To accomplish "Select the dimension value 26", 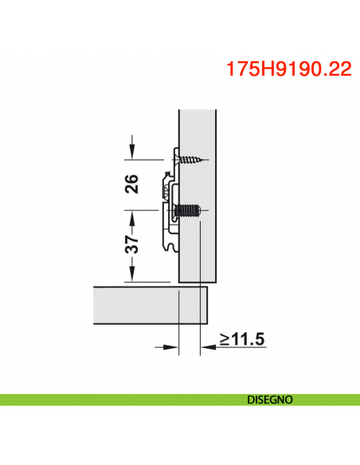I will pyautogui.click(x=132, y=183).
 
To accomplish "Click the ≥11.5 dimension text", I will pyautogui.click(x=241, y=340).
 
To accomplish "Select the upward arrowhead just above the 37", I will pyautogui.click(x=132, y=215).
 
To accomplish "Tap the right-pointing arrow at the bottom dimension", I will pyautogui.click(x=170, y=347).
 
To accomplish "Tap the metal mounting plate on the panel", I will pyautogui.click(x=170, y=199).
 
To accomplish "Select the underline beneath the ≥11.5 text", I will pyautogui.click(x=239, y=348).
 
